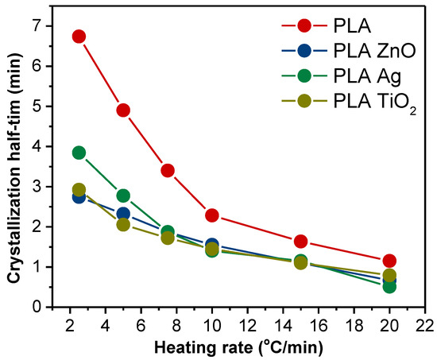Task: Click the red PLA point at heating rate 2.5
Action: tap(79, 37)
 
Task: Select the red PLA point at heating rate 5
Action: tap(123, 110)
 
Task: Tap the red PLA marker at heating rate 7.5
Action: tap(168, 171)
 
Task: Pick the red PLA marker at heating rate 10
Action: tap(212, 215)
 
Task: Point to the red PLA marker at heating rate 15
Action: tap(300, 242)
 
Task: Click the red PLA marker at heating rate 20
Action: tap(389, 261)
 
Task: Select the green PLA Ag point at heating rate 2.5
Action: tap(79, 153)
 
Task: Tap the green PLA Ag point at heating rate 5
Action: tap(123, 195)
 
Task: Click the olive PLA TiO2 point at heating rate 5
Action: tap(123, 224)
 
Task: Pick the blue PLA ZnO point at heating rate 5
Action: tap(123, 214)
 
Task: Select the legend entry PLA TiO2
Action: tap(365, 104)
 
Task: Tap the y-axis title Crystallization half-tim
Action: tap(16, 164)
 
